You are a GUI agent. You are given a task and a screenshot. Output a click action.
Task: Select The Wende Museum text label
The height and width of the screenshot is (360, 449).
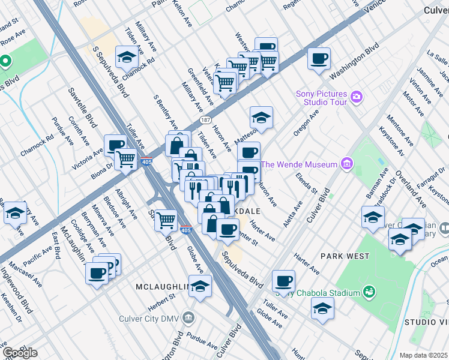300,164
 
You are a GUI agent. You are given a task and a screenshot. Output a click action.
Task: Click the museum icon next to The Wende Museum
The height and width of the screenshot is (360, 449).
346,163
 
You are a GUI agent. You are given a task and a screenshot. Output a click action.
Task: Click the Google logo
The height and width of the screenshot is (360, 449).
19,352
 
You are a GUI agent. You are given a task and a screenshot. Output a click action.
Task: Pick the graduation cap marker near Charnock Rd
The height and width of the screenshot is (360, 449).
127,57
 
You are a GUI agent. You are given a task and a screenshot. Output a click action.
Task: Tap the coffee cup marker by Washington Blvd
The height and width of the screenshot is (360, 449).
319,58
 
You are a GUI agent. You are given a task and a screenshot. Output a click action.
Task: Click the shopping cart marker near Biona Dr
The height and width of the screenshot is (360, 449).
125,159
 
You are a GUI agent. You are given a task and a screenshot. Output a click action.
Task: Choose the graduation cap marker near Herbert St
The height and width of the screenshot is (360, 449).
200,286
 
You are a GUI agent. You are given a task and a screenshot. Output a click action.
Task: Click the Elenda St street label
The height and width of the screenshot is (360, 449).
307,182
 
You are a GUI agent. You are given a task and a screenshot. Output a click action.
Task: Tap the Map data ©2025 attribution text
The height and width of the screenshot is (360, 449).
424,355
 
